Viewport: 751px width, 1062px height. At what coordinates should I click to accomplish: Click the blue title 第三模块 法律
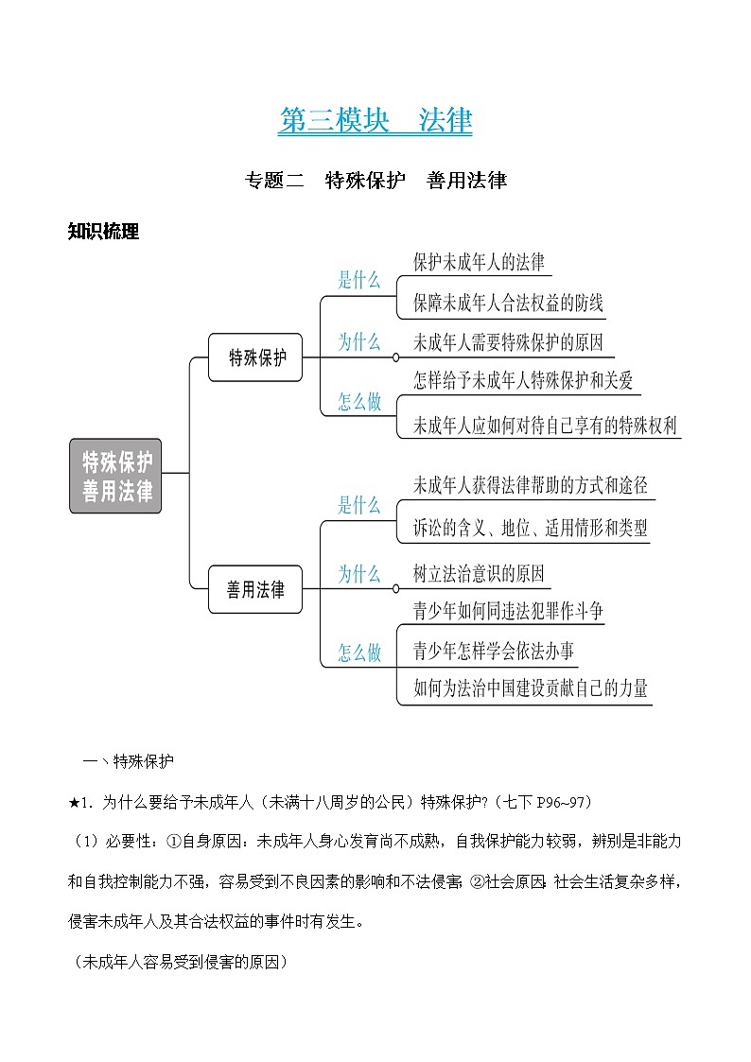tap(375, 121)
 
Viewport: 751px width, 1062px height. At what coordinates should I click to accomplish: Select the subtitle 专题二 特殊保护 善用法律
tap(375, 180)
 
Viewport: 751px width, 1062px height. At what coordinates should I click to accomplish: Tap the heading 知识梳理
tap(104, 232)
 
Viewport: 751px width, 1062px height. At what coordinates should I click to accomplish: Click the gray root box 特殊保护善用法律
tap(115, 476)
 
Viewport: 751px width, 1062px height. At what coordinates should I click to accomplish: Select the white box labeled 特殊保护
tap(255, 357)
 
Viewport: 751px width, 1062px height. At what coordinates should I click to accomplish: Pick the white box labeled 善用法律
tap(255, 590)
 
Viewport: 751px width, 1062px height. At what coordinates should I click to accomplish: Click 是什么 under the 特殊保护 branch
tap(359, 280)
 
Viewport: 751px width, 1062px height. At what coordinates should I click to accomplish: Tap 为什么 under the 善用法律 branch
tap(359, 574)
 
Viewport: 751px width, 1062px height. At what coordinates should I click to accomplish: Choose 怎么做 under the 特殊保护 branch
tap(359, 402)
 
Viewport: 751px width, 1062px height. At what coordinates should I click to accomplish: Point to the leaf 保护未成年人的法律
tap(479, 262)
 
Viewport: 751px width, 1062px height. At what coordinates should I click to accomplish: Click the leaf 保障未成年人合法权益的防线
tap(508, 304)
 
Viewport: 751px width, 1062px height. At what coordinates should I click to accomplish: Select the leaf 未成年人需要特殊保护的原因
tap(508, 342)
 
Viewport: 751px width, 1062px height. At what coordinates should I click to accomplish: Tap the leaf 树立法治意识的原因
tap(479, 574)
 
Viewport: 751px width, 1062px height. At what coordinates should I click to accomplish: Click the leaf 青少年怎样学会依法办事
tap(493, 651)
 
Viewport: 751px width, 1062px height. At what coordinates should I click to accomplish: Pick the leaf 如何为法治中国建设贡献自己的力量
tap(531, 688)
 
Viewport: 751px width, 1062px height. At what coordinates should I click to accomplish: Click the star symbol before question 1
tap(74, 803)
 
